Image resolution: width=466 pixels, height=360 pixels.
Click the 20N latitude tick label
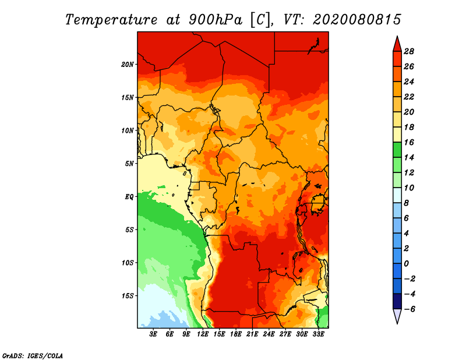(x=128, y=64)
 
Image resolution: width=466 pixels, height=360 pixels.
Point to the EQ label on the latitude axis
(x=129, y=196)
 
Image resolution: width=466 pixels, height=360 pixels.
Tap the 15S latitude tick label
(x=128, y=295)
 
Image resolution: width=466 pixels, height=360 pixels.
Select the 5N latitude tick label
(x=129, y=163)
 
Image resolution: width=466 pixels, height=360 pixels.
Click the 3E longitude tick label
(x=154, y=334)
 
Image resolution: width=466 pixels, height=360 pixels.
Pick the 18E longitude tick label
(x=236, y=334)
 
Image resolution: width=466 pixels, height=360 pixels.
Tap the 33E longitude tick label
(x=318, y=334)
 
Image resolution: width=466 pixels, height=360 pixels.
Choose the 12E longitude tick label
(x=203, y=334)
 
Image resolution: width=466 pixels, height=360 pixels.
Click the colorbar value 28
(x=408, y=51)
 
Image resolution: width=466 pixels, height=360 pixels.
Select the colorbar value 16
(x=408, y=142)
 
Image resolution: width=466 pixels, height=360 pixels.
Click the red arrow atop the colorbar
(x=397, y=43)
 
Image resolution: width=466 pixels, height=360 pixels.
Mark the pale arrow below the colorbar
(x=397, y=316)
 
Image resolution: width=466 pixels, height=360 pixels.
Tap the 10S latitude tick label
(x=128, y=263)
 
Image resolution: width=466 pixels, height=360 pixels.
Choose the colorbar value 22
(x=408, y=96)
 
